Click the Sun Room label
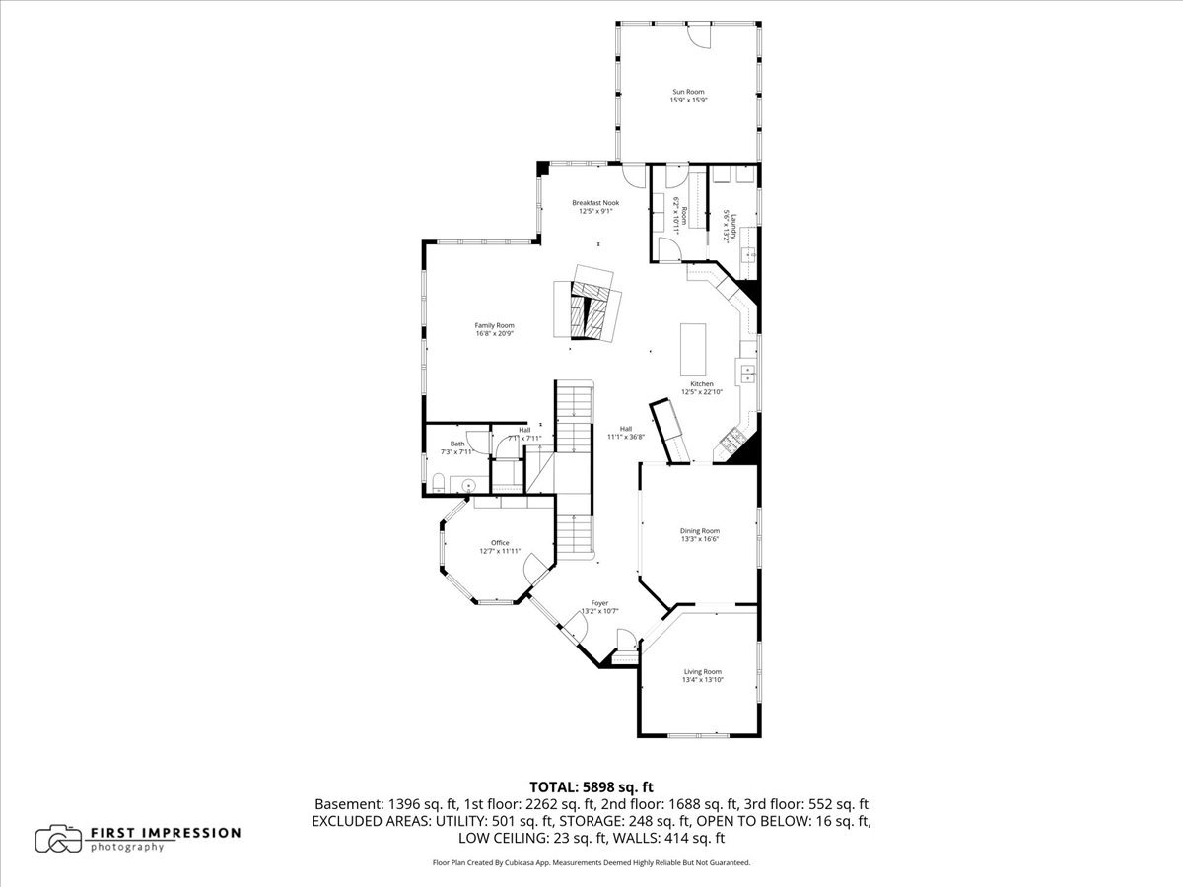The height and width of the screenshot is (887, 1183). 689,92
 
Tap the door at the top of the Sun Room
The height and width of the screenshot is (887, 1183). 698,34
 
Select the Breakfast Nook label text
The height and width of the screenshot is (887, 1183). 595,202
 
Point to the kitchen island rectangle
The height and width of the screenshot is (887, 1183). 695,349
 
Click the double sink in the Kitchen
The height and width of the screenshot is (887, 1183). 748,374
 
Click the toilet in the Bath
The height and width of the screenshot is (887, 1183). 437,482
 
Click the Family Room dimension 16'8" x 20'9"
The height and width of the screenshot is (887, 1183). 494,334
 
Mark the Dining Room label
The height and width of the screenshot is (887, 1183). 700,530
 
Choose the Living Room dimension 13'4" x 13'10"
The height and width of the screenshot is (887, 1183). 704,679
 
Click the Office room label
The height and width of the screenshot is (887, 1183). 500,543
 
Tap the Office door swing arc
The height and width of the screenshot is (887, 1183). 538,566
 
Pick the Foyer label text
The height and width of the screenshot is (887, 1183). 599,603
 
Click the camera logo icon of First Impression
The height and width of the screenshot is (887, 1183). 59,839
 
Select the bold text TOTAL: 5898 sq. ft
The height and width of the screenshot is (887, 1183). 591,786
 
